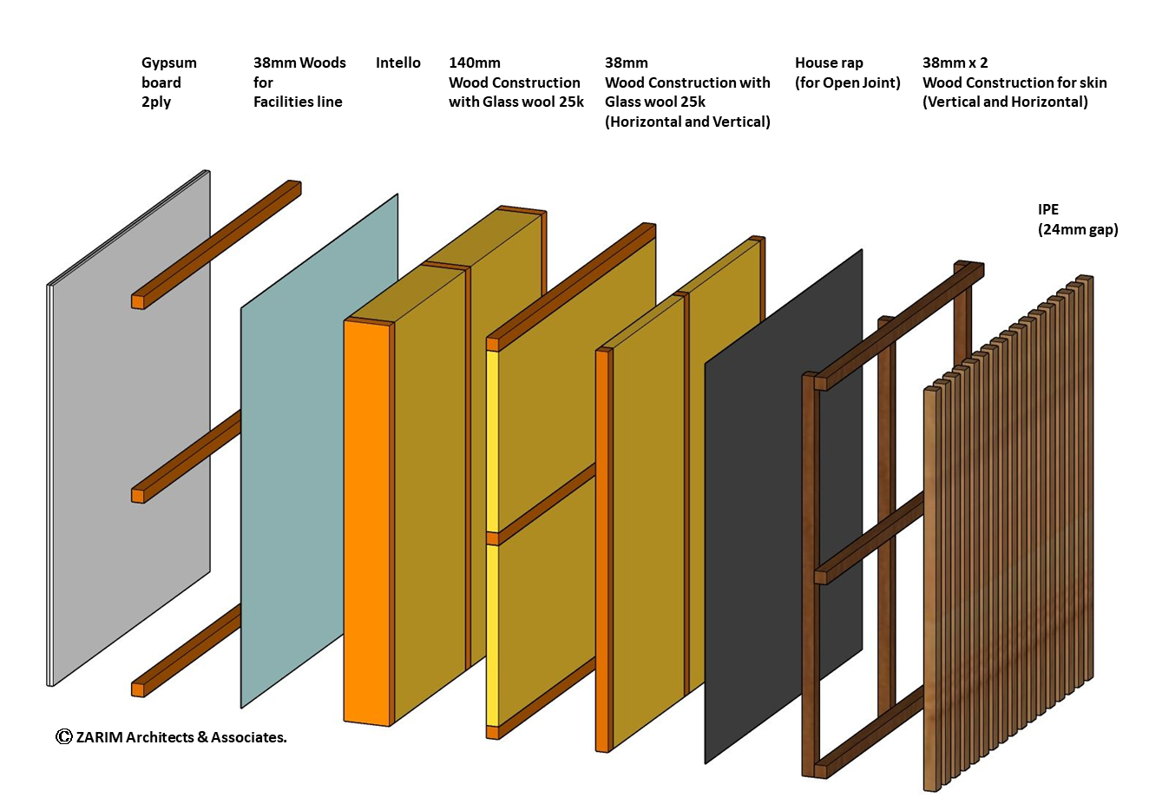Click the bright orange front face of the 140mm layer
click(366, 521)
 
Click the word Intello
click(397, 63)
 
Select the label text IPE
click(1048, 209)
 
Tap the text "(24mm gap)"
click(1078, 229)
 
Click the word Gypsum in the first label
click(169, 63)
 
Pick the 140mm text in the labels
click(474, 63)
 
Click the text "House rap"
click(829, 63)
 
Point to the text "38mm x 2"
click(955, 63)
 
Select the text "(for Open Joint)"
click(847, 82)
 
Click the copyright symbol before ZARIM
click(63, 736)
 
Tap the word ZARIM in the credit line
click(99, 737)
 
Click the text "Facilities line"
click(298, 102)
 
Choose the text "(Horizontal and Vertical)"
click(687, 122)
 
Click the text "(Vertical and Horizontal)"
click(1005, 102)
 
